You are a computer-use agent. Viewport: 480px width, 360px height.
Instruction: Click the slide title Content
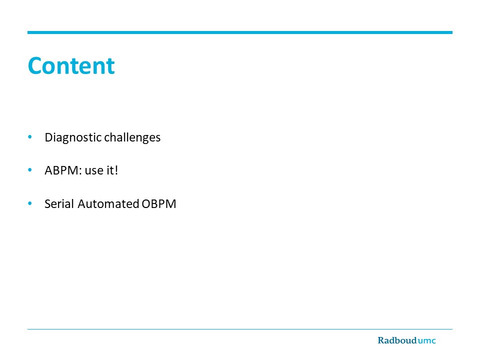[71, 65]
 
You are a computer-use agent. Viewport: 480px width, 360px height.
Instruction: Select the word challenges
[132, 137]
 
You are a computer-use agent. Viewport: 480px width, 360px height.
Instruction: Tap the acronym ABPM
[61, 170]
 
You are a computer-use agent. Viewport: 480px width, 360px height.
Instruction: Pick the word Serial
[59, 204]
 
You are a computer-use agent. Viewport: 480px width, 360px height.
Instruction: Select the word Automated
[108, 204]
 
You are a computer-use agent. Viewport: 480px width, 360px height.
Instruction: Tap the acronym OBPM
[159, 204]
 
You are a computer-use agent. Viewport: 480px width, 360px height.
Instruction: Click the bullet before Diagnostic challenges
[29, 137]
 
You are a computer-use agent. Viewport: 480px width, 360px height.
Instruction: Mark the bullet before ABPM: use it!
[29, 170]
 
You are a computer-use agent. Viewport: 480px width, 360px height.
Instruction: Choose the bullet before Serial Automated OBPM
[29, 203]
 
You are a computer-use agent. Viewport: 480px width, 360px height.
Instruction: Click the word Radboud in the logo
[397, 340]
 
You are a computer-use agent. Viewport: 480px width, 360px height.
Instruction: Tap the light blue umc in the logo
[426, 340]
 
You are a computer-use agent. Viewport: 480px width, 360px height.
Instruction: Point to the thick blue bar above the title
[240, 32]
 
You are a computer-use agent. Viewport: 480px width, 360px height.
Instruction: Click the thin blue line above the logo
[240, 329]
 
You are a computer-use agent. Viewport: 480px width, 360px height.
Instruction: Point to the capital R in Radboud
[381, 340]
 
